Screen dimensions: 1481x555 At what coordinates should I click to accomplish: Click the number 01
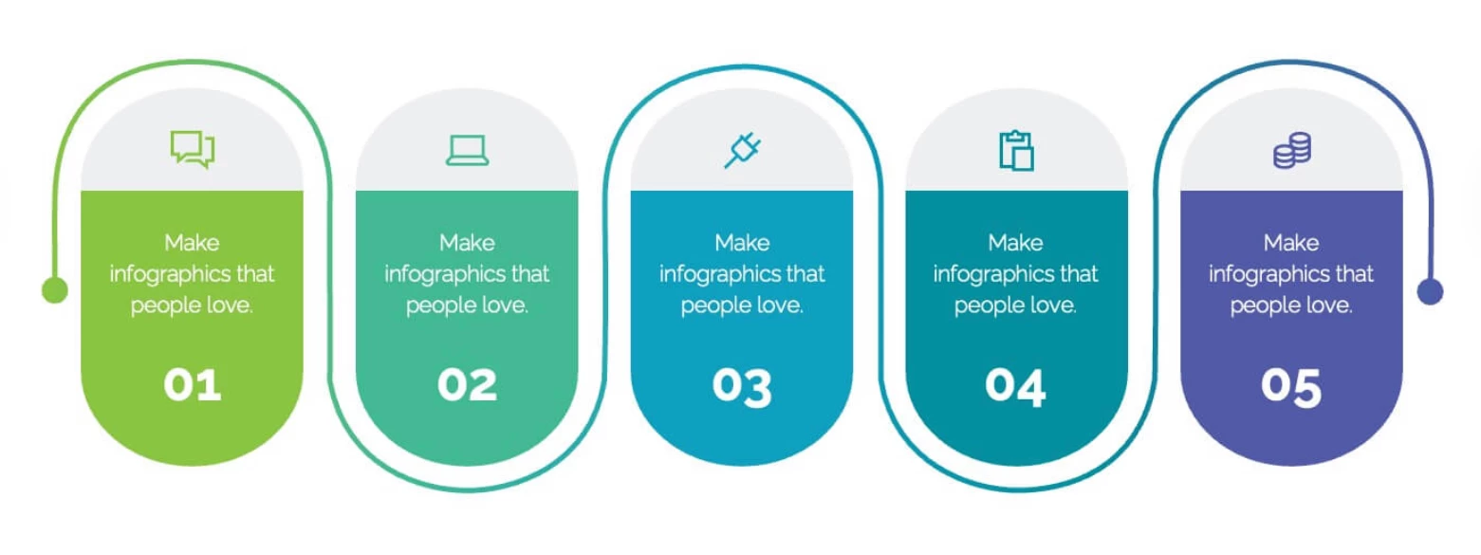click(193, 384)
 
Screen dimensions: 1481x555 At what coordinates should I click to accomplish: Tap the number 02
click(467, 384)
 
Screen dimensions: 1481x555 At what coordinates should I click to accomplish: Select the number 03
click(742, 386)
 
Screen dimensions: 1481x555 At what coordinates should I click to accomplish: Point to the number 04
click(1015, 386)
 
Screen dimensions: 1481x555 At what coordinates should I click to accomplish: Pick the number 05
click(1290, 386)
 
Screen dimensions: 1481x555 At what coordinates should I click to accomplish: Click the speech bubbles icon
click(193, 150)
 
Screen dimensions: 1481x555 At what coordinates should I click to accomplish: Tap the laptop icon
click(468, 151)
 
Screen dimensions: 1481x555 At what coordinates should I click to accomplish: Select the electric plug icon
click(743, 150)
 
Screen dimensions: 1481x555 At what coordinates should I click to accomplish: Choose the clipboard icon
click(1016, 151)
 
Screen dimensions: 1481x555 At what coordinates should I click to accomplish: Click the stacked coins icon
click(1292, 151)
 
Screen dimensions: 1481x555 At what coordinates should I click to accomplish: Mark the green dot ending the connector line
click(55, 289)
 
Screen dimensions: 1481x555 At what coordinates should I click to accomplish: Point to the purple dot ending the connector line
click(1430, 291)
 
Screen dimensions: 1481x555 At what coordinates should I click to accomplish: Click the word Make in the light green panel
click(192, 243)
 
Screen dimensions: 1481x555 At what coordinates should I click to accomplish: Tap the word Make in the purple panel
click(1291, 243)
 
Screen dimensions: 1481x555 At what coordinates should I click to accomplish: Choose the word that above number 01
click(254, 274)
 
